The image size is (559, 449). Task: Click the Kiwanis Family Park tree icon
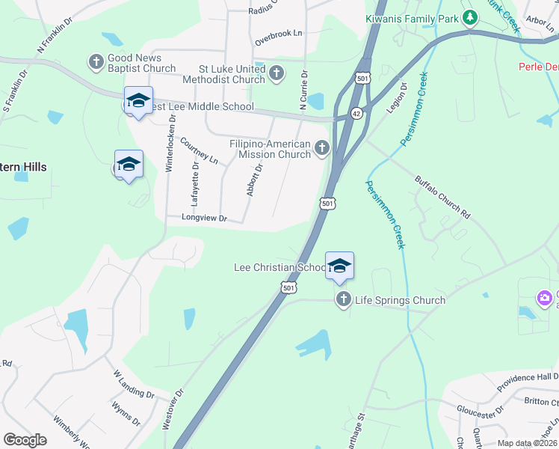coord(469,17)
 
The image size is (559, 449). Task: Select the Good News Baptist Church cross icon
coord(96,61)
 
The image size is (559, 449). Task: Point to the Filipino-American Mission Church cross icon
coord(322,147)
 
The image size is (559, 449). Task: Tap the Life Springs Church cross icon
coord(344,300)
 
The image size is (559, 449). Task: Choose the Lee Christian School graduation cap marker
coord(339,266)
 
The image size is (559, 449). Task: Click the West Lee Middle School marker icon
coord(138,101)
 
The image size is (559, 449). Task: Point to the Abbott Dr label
coord(254,181)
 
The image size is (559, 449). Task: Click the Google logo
coord(25,440)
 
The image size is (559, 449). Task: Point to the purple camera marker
coord(545,299)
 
